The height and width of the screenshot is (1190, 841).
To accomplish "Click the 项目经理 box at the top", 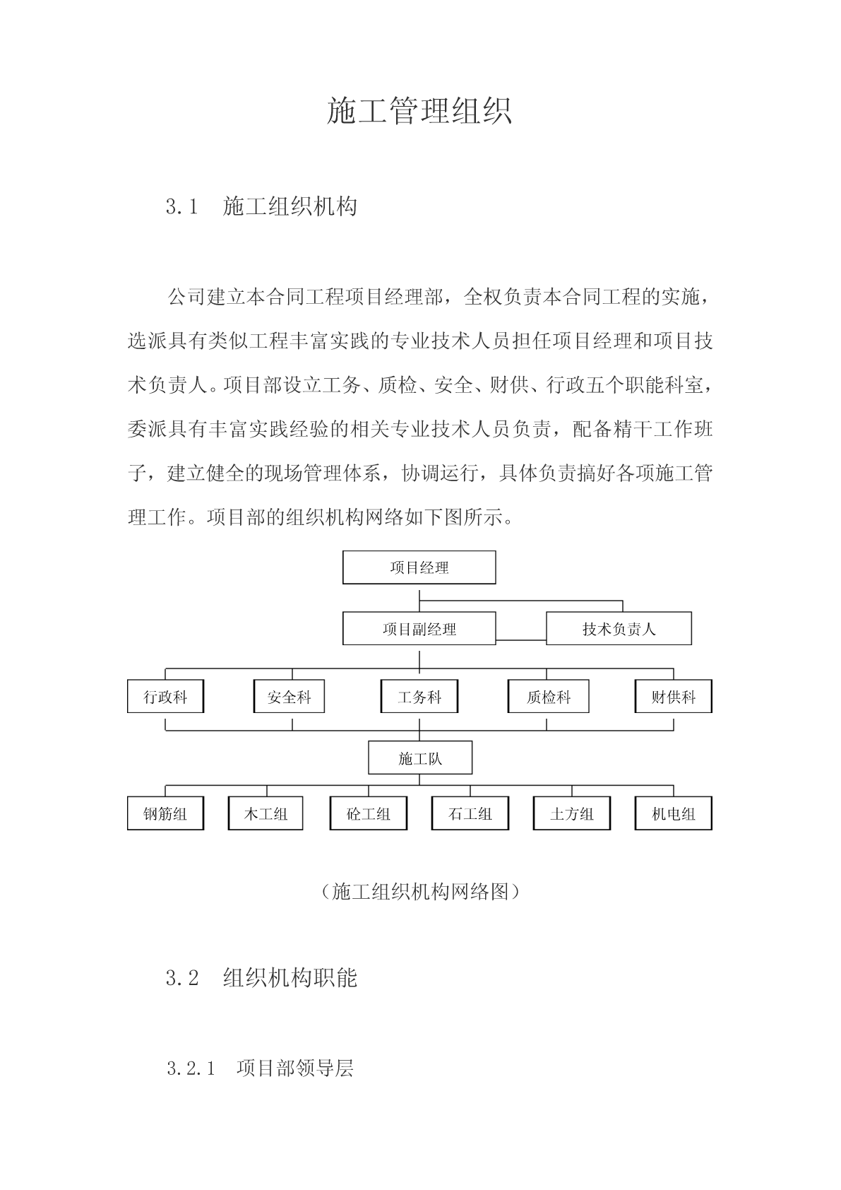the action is click(419, 567).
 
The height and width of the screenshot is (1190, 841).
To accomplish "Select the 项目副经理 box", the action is click(419, 628).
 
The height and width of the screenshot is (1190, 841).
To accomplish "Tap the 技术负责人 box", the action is click(619, 628).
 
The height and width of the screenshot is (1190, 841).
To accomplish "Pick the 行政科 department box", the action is click(165, 697).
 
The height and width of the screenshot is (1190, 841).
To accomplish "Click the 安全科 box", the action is click(289, 697).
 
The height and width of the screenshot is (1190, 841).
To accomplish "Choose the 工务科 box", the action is click(419, 697).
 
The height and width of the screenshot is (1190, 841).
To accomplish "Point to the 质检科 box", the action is click(548, 697).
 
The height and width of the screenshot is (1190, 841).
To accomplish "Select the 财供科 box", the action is click(673, 697).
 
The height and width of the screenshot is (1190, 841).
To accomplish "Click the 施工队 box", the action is click(420, 758).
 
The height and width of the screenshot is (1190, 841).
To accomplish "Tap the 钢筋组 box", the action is click(165, 813).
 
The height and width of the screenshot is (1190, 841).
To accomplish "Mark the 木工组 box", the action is click(266, 813).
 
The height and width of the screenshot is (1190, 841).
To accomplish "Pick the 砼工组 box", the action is click(368, 813).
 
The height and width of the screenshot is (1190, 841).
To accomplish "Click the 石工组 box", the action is click(470, 813).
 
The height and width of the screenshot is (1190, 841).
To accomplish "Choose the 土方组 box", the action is click(571, 813).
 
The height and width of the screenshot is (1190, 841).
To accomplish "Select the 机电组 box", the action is click(673, 813).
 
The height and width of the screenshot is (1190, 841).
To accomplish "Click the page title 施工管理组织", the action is click(419, 110).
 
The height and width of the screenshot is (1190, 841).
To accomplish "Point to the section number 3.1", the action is click(181, 206).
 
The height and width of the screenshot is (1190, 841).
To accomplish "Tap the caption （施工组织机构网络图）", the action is click(420, 891).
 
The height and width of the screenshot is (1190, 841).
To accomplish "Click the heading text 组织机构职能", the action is click(290, 978).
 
